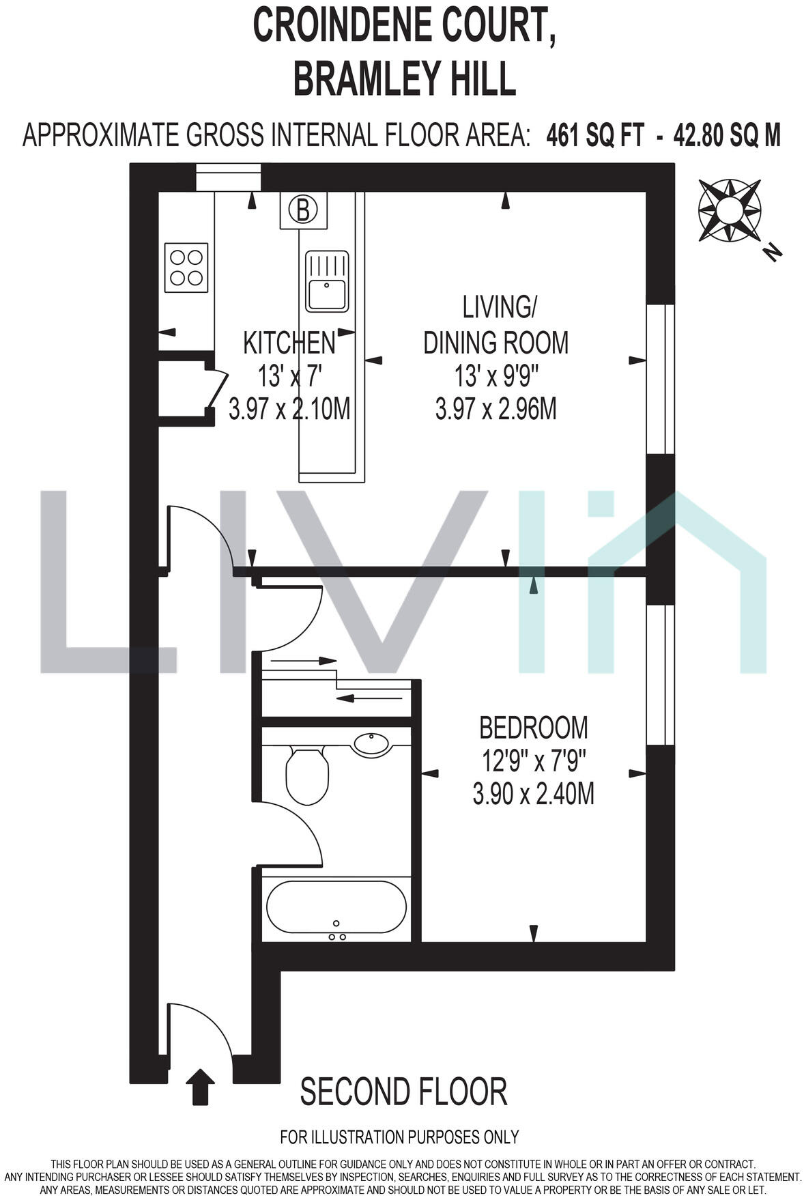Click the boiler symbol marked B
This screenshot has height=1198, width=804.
point(303,210)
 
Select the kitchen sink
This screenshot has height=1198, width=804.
point(327,281)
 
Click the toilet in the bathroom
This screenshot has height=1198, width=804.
point(306,775)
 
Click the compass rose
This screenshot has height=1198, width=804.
point(729,210)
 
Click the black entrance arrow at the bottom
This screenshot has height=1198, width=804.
point(200,1086)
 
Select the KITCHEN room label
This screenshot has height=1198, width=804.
point(289,343)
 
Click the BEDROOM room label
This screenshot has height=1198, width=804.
point(533,728)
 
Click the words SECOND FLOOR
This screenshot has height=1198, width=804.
point(403,1092)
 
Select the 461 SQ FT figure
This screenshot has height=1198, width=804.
point(594,136)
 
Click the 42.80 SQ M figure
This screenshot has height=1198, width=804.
point(726,136)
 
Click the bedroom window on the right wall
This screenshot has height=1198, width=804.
point(660,675)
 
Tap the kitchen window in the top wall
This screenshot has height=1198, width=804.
point(229,177)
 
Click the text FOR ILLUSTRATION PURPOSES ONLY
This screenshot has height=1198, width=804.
point(399,1137)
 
